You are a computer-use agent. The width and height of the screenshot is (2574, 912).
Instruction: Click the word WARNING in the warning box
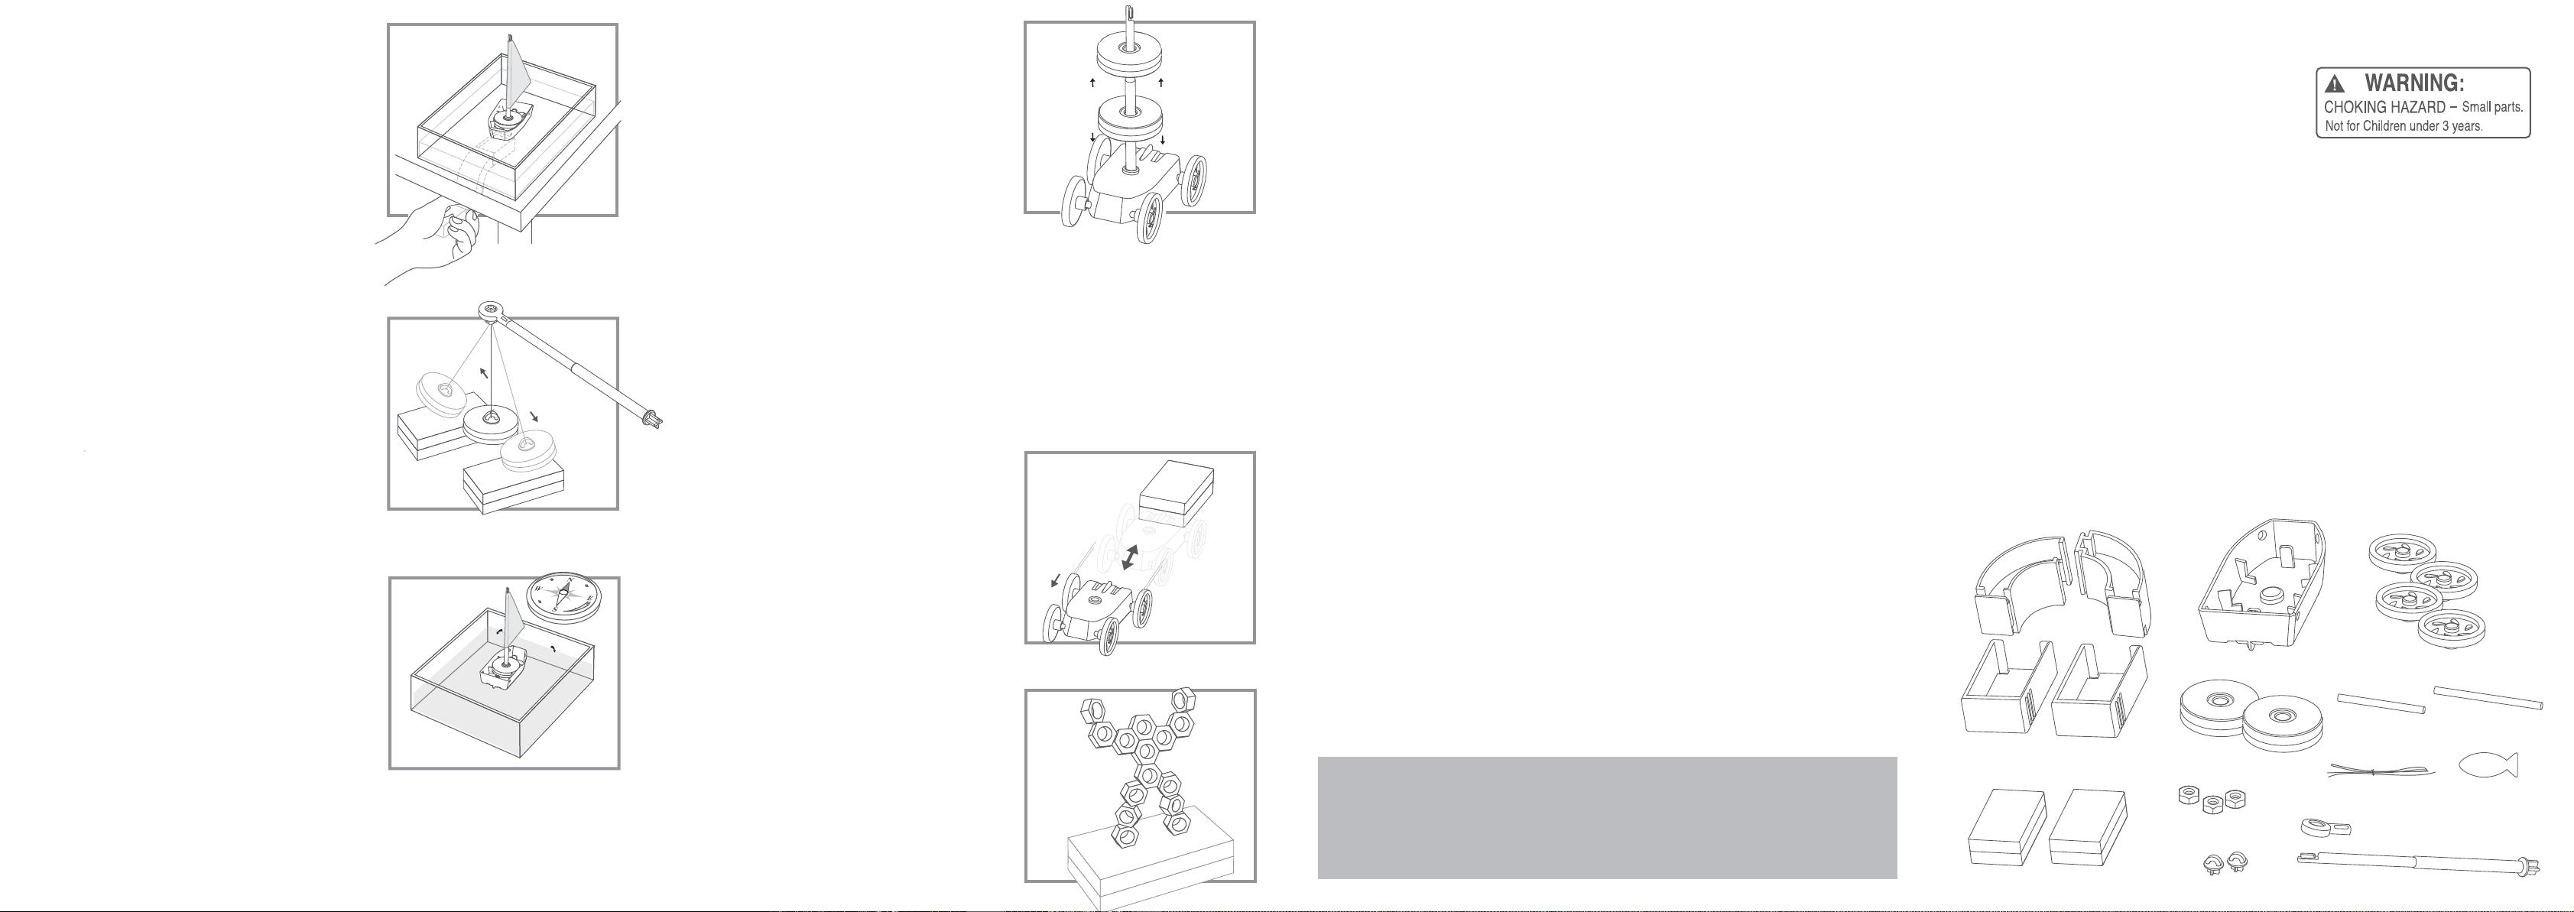(x=2413, y=84)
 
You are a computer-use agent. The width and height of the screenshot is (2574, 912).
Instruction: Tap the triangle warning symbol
(x=2335, y=85)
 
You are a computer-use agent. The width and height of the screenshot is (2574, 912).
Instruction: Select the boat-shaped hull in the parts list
(x=2261, y=584)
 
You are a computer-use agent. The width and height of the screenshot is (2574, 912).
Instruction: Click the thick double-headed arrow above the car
(x=1129, y=557)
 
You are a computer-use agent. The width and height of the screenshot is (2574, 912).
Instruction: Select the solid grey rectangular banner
(x=1607, y=817)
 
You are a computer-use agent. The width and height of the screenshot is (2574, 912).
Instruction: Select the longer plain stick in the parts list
(x=2488, y=697)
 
